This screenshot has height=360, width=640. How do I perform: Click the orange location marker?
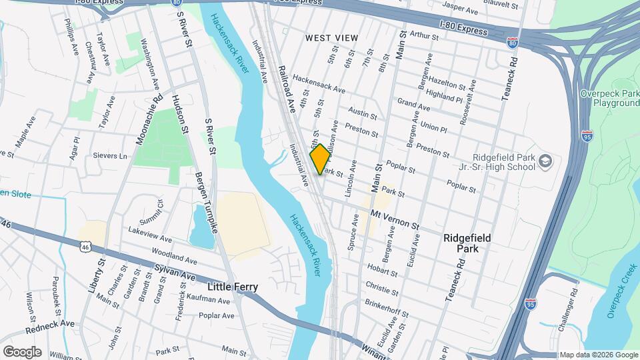coord(320,159)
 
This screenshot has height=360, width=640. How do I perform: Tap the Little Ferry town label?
coord(233,287)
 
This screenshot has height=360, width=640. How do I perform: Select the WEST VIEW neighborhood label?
coord(331,38)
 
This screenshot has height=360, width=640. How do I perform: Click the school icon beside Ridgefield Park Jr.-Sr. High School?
coord(545,161)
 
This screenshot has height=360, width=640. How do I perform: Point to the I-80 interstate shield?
coord(512,43)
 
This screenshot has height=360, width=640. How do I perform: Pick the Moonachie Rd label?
coord(148,120)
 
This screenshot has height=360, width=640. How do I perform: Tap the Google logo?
coord(22,351)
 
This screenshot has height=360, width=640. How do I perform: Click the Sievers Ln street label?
coord(109,156)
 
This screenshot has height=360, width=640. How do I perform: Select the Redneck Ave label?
coord(50,326)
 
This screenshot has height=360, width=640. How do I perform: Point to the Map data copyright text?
coord(598,355)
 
